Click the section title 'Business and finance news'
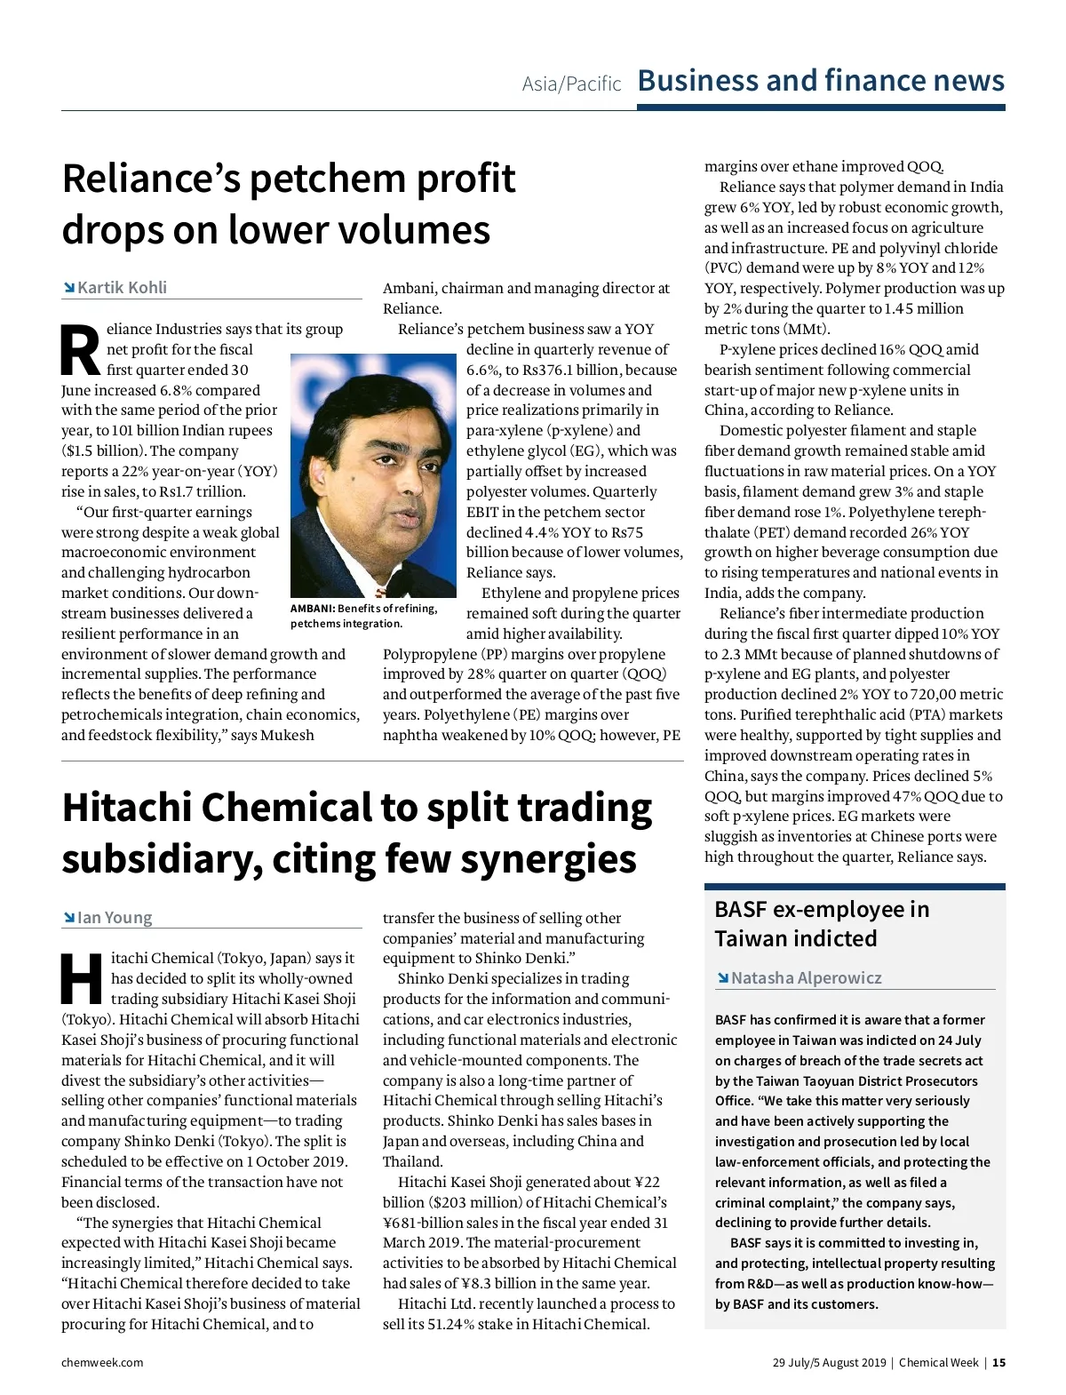tap(821, 81)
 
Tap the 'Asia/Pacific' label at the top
tap(571, 84)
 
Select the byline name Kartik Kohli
tap(122, 287)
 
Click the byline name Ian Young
tap(115, 917)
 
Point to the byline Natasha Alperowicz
tap(806, 977)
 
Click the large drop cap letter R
tap(81, 350)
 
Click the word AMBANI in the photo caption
tap(312, 609)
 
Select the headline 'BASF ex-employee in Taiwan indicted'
tap(821, 923)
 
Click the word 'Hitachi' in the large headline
tap(126, 808)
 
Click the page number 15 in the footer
tap(999, 1362)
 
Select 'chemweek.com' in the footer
tap(102, 1362)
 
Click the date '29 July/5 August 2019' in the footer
tap(829, 1362)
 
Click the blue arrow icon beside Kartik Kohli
tap(68, 287)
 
